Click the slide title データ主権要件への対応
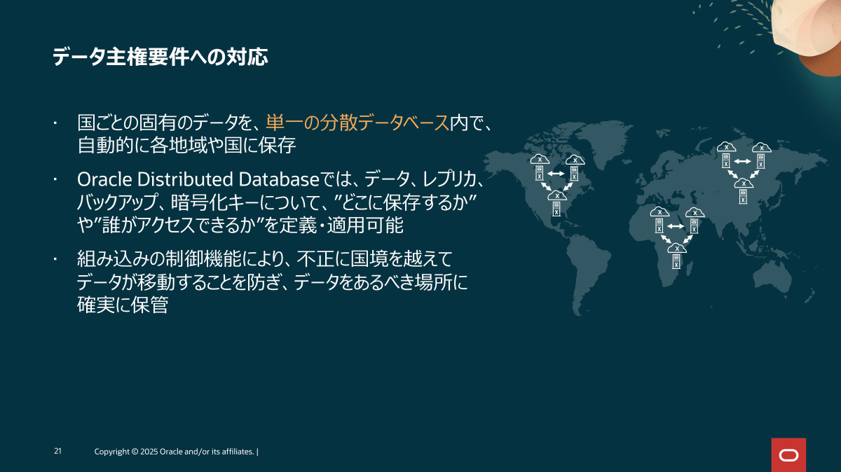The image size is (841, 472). coord(160,57)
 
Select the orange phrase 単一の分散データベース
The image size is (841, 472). coord(357,123)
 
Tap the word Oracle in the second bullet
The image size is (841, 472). coord(104,179)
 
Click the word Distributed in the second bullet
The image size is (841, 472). coord(185,179)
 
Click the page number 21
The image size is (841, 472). coord(57,451)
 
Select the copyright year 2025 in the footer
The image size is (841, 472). coord(149,452)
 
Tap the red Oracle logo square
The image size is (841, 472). coord(789,454)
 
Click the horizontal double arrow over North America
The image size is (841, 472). coord(556,174)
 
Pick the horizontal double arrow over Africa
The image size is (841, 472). coord(676,226)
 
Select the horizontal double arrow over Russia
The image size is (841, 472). coord(743,161)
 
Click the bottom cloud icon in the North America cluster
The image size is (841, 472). coord(557,196)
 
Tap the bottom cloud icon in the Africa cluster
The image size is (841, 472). coord(677,249)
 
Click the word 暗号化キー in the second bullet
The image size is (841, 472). coord(214,202)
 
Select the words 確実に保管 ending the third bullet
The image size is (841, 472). coord(123,305)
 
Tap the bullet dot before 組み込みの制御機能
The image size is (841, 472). coord(55,259)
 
